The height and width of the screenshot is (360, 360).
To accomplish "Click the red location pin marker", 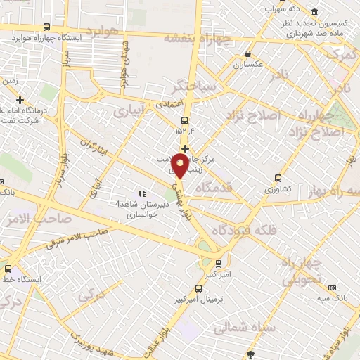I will tap(180, 166).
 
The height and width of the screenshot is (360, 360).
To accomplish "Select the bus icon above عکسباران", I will tap(247, 54).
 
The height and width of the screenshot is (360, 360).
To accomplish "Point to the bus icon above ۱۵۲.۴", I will tap(184, 120).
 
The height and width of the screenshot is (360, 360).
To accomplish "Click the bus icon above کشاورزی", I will tap(278, 178).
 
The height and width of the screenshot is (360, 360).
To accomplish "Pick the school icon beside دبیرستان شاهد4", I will tap(142, 193).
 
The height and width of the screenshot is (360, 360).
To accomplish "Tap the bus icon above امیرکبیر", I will tap(218, 264).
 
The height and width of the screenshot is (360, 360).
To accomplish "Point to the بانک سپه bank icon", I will tap(332, 288).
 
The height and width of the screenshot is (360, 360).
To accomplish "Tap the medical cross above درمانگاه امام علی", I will tap(20, 101).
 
